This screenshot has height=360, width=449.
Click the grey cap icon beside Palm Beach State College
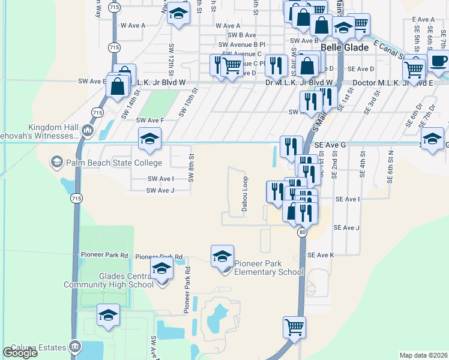56,162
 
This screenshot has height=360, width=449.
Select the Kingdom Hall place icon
88,130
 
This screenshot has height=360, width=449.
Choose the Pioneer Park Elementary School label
269,268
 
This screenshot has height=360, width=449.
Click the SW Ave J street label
160,191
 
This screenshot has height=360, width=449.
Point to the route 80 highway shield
302,232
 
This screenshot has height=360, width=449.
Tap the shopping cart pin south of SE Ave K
294,328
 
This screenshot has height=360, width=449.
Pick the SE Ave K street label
320,255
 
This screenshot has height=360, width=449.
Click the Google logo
20,353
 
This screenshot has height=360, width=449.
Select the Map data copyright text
423,355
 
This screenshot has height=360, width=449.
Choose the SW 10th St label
188,103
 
